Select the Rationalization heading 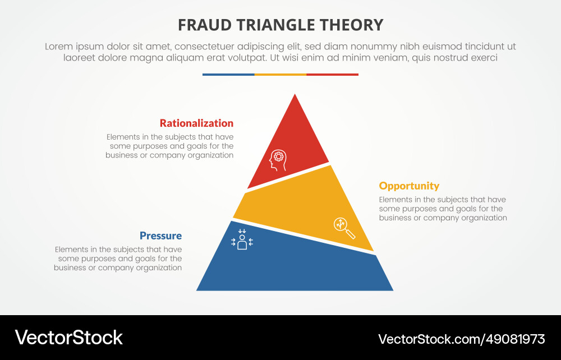[196, 123]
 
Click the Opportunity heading [409, 186]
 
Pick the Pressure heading [160, 236]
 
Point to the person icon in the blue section [242, 239]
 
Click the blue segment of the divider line [228, 75]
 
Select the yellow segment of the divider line [280, 75]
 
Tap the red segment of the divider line [332, 75]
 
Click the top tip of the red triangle [295, 95]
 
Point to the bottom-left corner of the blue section [198, 289]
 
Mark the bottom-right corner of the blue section [392, 289]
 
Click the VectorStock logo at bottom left [68, 338]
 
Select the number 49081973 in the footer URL [516, 339]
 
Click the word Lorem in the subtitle [60, 47]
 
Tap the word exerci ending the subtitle [484, 58]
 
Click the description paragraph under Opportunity [443, 209]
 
